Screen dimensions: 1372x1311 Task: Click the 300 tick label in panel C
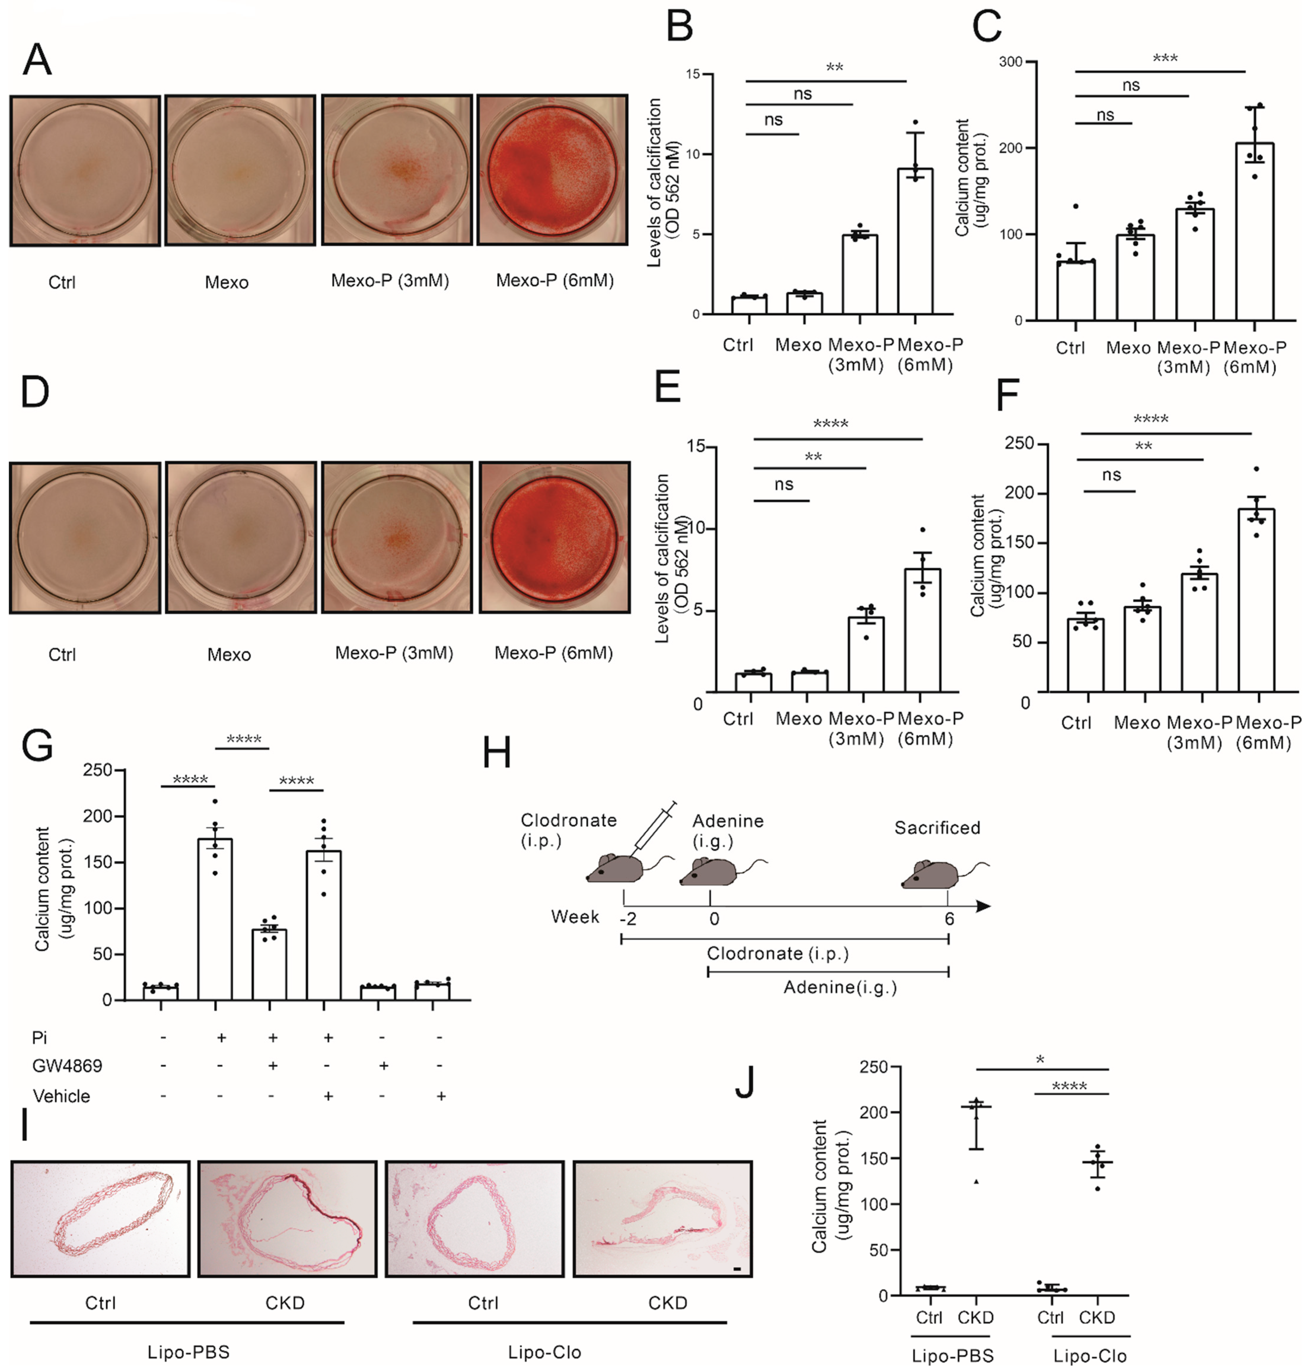[x=1010, y=62]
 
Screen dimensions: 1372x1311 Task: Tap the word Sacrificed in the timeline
[x=937, y=828]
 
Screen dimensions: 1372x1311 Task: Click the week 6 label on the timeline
[x=949, y=918]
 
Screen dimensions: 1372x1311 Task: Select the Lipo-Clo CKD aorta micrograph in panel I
[x=662, y=1219]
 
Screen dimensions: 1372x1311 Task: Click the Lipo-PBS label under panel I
[x=188, y=1352]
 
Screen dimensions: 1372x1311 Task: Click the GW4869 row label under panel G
[x=67, y=1066]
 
